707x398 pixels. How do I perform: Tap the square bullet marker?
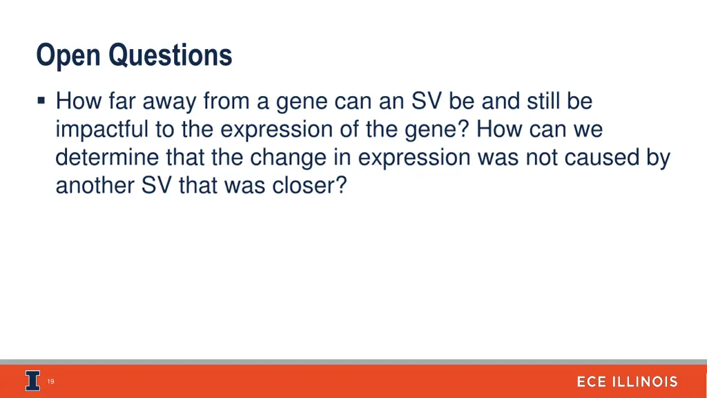pyautogui.click(x=42, y=102)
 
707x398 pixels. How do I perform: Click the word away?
pyautogui.click(x=170, y=102)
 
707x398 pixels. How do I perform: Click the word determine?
pyautogui.click(x=108, y=158)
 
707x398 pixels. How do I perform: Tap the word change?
pyautogui.click(x=287, y=158)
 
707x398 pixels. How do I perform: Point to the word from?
pyautogui.click(x=225, y=102)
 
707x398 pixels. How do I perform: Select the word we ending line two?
pyautogui.click(x=587, y=130)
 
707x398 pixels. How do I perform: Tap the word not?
pyautogui.click(x=541, y=158)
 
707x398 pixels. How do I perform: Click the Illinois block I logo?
pyautogui.click(x=32, y=381)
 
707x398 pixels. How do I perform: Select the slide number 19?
pyautogui.click(x=51, y=381)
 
